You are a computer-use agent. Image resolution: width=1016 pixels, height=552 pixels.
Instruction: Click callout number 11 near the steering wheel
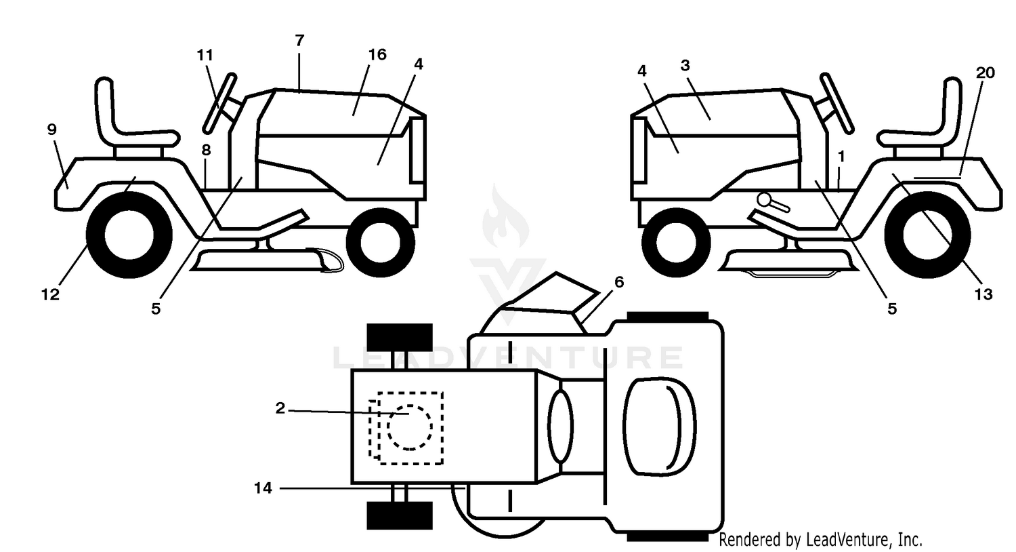tap(205, 56)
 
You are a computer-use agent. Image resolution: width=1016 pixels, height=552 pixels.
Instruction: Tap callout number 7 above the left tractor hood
tap(299, 41)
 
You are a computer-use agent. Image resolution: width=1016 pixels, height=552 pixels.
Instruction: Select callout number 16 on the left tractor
tap(377, 54)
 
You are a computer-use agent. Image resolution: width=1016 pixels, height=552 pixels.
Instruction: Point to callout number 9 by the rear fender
tap(52, 130)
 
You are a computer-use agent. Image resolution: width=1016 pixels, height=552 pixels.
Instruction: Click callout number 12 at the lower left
tap(50, 294)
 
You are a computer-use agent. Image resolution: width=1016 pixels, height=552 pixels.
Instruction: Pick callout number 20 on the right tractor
tap(985, 73)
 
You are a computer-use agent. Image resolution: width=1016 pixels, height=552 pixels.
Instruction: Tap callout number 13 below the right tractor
tap(983, 294)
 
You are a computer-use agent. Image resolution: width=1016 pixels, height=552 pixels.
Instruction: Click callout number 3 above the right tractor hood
tap(685, 66)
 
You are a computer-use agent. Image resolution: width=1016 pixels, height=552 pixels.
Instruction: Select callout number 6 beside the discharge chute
tap(619, 282)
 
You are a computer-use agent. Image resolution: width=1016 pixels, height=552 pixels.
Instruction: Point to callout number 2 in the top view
tap(280, 408)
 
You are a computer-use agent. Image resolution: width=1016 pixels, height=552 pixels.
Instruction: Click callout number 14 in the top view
tap(263, 488)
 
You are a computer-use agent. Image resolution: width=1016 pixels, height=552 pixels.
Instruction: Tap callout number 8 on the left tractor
tap(207, 150)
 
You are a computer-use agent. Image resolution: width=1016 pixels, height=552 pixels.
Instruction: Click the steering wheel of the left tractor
tap(219, 103)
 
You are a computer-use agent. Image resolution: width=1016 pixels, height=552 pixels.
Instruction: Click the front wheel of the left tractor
tap(380, 242)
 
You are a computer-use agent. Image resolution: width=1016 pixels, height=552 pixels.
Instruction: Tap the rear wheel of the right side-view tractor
tap(927, 235)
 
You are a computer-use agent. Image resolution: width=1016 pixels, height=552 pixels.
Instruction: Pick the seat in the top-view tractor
tap(660, 427)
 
